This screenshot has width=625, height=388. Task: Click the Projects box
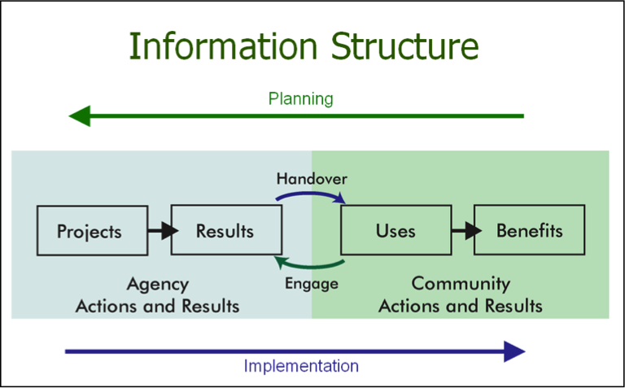coord(93,231)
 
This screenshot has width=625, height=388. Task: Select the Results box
coord(226,230)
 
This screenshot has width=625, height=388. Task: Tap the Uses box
coord(396,230)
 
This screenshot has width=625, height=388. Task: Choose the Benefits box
coord(529,230)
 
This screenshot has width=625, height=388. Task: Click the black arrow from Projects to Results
coord(163,231)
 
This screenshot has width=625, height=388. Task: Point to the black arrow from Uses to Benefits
coord(466,231)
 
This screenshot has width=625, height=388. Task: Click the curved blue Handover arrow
coord(311,194)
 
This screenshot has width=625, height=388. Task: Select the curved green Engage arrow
coord(309,265)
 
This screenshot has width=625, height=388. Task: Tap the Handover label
coord(312,179)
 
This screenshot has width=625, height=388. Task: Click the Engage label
coord(312,284)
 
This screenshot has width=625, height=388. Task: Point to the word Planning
coord(301,98)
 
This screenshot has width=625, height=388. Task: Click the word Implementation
coord(301,366)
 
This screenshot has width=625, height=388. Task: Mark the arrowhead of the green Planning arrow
coord(80,116)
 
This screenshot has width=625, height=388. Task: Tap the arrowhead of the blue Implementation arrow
coord(514,351)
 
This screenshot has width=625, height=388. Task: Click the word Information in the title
coord(223,46)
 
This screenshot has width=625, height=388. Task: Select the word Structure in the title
coord(404,46)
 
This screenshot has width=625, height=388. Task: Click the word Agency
coord(158,285)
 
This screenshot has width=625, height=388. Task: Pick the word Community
coord(461,284)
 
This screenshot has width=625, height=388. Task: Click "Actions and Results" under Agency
coord(157,307)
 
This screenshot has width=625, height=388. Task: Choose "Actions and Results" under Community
coord(461,307)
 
